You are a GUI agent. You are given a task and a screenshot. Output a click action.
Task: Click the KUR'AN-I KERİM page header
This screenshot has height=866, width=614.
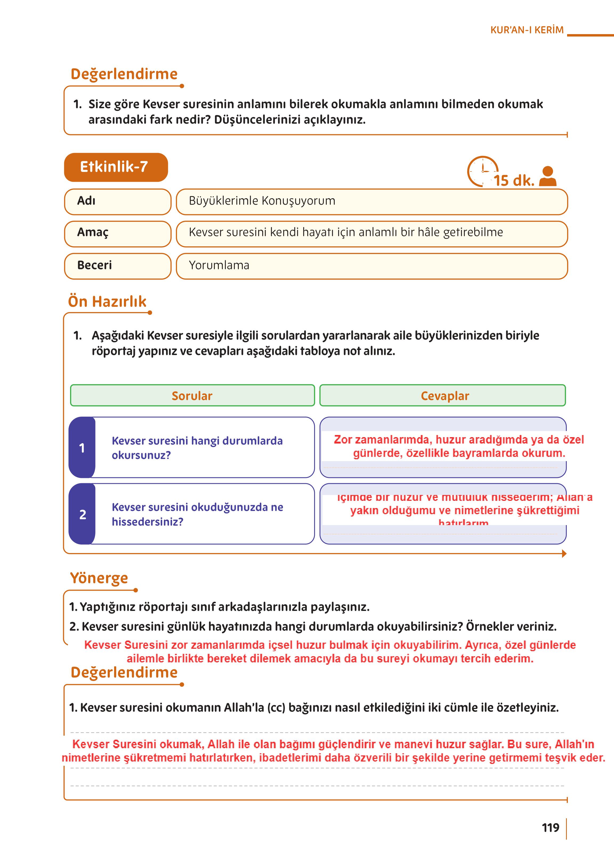point(527,30)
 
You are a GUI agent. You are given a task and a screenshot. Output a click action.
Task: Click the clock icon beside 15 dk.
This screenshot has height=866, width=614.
point(482,171)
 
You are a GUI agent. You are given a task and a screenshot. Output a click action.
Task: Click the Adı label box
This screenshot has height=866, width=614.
point(118,202)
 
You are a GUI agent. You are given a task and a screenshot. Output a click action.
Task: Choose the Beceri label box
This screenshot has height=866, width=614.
point(118,266)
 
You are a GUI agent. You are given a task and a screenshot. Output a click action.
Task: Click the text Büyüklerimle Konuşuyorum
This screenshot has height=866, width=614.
point(262,201)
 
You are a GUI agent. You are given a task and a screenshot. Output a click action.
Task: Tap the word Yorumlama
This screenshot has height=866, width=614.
point(219,265)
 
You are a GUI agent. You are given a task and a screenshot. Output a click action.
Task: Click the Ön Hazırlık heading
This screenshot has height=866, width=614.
point(107,302)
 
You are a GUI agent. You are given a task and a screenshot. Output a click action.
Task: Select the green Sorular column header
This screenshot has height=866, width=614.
point(192,396)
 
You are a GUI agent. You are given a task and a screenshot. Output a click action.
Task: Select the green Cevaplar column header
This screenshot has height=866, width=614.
point(442,396)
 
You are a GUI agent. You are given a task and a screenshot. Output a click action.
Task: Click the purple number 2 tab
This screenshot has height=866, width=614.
point(82,514)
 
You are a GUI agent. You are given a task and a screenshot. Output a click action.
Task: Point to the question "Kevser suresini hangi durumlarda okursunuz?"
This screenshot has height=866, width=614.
point(197,448)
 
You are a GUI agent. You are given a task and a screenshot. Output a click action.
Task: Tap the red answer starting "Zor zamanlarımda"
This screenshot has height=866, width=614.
point(459,446)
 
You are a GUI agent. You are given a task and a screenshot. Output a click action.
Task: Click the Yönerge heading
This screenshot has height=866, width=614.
point(99,578)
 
